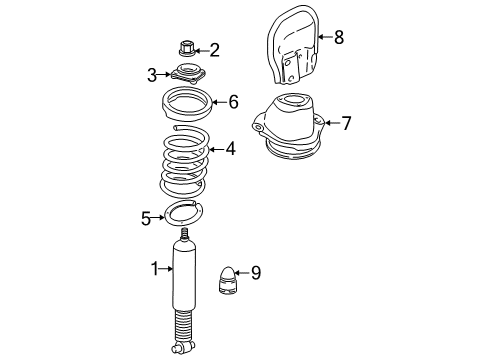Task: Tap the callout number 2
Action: [x=213, y=49]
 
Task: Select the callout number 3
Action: [x=152, y=74]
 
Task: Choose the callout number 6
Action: [x=233, y=101]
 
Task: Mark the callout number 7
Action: [x=346, y=124]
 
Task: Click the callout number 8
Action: [x=338, y=39]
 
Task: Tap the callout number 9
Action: [x=255, y=272]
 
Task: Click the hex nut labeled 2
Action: [x=187, y=47]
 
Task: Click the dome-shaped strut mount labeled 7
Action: [x=292, y=128]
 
